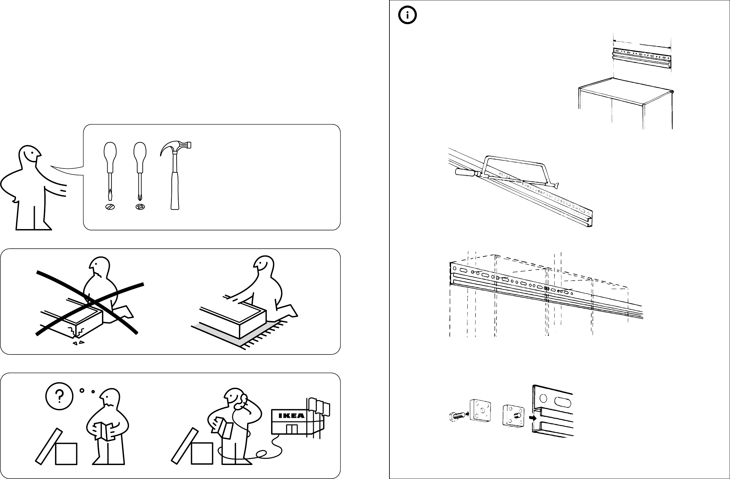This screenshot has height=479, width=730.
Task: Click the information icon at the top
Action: [407, 15]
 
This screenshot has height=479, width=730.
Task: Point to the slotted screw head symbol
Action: [110, 207]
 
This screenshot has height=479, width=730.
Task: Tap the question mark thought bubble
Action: [59, 396]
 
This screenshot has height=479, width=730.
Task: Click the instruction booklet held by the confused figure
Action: [104, 431]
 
